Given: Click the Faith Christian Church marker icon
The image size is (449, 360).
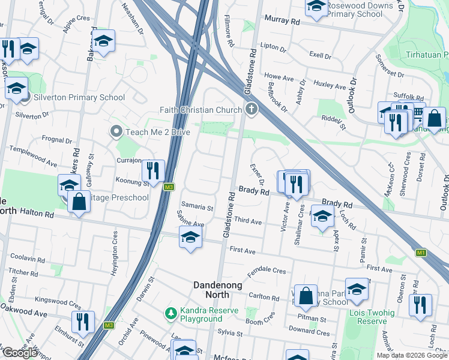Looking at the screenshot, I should point(251,109).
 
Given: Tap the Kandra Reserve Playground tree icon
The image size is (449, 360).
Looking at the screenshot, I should point(171,313).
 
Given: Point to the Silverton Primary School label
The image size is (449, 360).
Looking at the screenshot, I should point(79,98).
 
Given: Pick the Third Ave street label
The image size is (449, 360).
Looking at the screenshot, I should point(248,221).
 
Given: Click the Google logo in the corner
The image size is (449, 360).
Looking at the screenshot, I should point(20,353).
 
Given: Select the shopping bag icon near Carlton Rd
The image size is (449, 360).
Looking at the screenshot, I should point(306,295).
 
